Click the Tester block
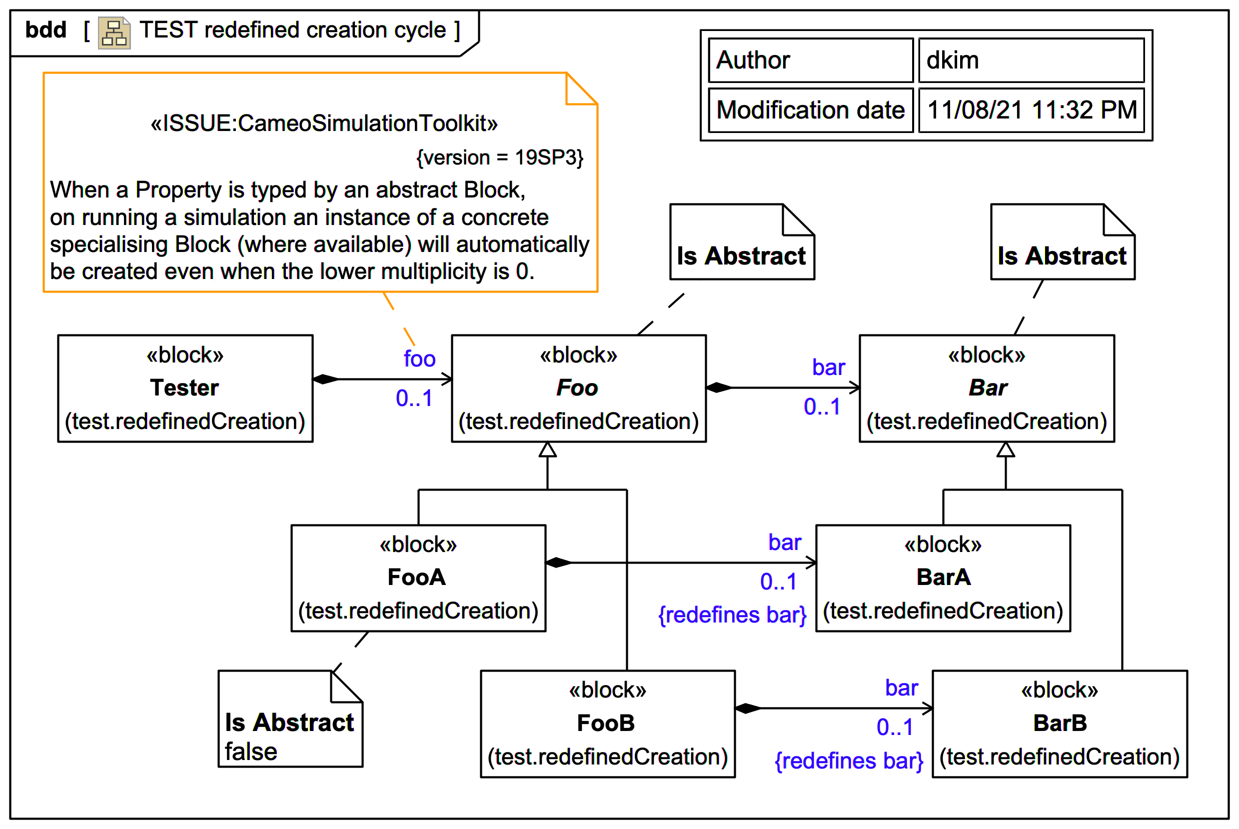tap(185, 388)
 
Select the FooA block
tap(418, 578)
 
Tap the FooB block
tap(607, 724)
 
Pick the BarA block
tap(943, 578)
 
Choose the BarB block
tap(1060, 724)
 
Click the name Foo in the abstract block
tap(577, 388)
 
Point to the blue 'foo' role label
tap(419, 359)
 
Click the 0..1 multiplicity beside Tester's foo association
tap(414, 398)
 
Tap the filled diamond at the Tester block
tap(325, 379)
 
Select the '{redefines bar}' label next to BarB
tap(849, 761)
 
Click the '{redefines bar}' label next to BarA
tap(732, 615)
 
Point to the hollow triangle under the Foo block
tap(547, 450)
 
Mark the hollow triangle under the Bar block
tap(1005, 450)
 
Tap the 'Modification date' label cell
tap(810, 110)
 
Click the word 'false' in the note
tap(251, 752)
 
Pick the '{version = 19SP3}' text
tap(499, 157)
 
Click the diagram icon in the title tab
tap(114, 33)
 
